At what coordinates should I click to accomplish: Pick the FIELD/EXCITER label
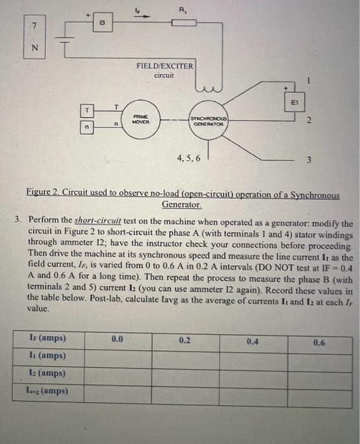[x=164, y=66]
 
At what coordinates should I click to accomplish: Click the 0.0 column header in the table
[x=117, y=341]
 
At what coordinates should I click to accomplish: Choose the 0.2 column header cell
[x=185, y=341]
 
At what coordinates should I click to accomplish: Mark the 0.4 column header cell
[x=253, y=341]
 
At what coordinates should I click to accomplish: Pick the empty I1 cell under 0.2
[x=185, y=356]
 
